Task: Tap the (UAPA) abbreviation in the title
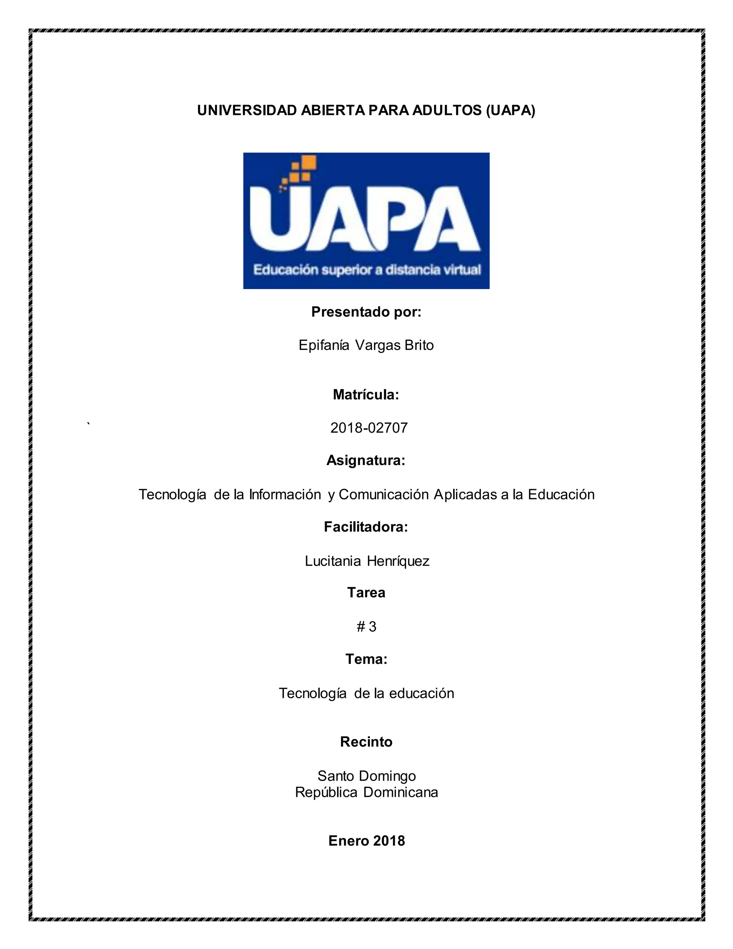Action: coord(510,110)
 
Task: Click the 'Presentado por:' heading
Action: coord(366,312)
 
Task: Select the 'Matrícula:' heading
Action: coord(366,395)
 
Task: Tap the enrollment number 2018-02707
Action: coord(369,428)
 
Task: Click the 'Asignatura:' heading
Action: coord(366,460)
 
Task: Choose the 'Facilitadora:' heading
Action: coord(366,527)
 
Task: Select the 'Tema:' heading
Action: coord(366,659)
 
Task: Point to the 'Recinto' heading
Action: coord(366,742)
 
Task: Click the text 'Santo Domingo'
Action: coord(366,776)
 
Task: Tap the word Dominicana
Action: coord(401,792)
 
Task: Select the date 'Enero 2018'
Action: coord(366,841)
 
